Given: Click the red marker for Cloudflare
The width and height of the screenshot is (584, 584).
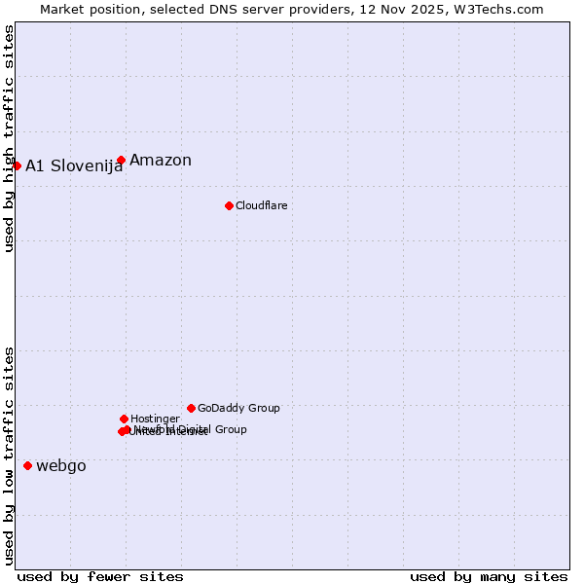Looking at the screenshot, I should (x=229, y=205).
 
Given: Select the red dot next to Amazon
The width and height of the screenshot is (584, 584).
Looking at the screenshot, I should (x=121, y=160).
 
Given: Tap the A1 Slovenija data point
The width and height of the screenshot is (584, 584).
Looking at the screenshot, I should (x=17, y=165).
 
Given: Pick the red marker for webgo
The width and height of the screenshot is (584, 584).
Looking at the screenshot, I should (x=27, y=465).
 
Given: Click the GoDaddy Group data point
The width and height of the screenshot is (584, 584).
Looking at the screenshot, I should (x=191, y=408).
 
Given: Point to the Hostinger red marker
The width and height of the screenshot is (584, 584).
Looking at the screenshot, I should (x=124, y=419).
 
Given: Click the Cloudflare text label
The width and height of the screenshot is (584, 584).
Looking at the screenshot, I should (x=261, y=205).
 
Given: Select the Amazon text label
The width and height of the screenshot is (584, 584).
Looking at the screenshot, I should (x=161, y=161).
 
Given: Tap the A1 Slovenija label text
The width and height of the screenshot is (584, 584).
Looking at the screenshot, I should (x=74, y=166).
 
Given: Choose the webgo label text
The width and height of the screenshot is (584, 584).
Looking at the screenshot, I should (x=61, y=466).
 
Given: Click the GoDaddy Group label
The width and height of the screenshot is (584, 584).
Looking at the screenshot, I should (x=238, y=408).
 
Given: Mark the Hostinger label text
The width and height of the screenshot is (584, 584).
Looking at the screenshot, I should (x=155, y=419).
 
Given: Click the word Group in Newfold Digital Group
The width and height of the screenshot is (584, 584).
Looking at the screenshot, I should (x=230, y=429).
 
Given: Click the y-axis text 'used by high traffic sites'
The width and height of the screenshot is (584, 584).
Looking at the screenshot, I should (x=9, y=138).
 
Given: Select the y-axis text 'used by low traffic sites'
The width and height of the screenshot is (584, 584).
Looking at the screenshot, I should (x=9, y=456).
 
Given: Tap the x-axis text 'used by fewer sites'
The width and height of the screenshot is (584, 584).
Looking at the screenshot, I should (x=100, y=576).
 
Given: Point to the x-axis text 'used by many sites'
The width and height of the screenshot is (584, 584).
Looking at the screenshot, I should (x=489, y=576).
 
